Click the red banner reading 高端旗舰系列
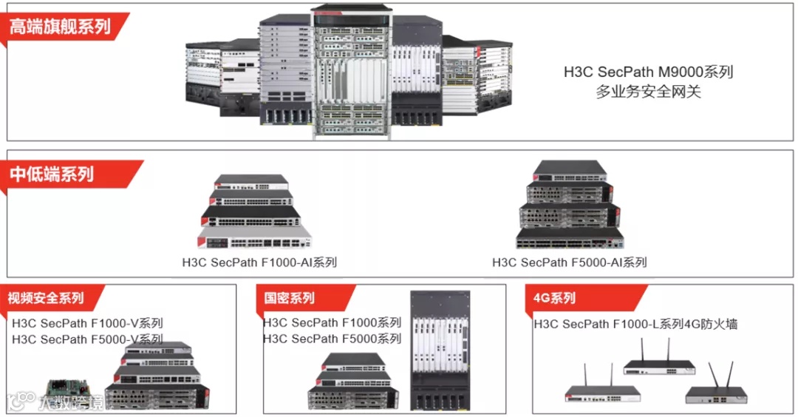(x=61, y=27)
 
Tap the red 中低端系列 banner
(x=53, y=174)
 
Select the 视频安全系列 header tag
(x=47, y=298)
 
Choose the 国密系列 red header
(x=290, y=298)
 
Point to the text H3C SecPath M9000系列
(x=648, y=72)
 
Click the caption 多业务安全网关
(x=648, y=92)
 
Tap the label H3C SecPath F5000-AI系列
(x=569, y=262)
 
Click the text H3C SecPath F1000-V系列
(x=87, y=323)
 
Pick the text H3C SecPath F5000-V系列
(x=87, y=339)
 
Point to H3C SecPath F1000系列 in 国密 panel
(x=332, y=323)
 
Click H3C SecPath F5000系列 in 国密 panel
(x=332, y=339)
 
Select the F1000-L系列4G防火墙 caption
(x=635, y=324)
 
